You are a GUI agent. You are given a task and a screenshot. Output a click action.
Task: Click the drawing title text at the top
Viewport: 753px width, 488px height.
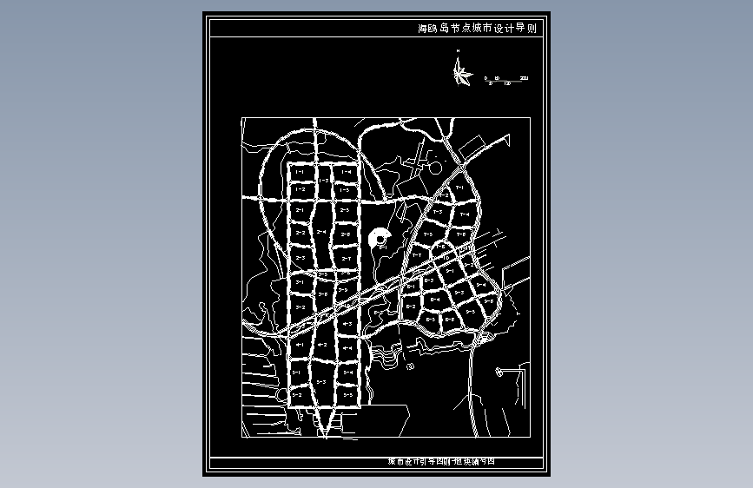pos(477,29)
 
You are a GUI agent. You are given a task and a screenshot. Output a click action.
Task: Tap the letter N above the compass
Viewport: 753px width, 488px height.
pos(458,53)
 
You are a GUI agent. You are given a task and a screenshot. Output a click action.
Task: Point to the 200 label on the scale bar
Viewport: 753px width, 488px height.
pos(524,79)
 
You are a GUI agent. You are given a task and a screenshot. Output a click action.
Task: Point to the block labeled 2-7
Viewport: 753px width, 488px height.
pos(345,259)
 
